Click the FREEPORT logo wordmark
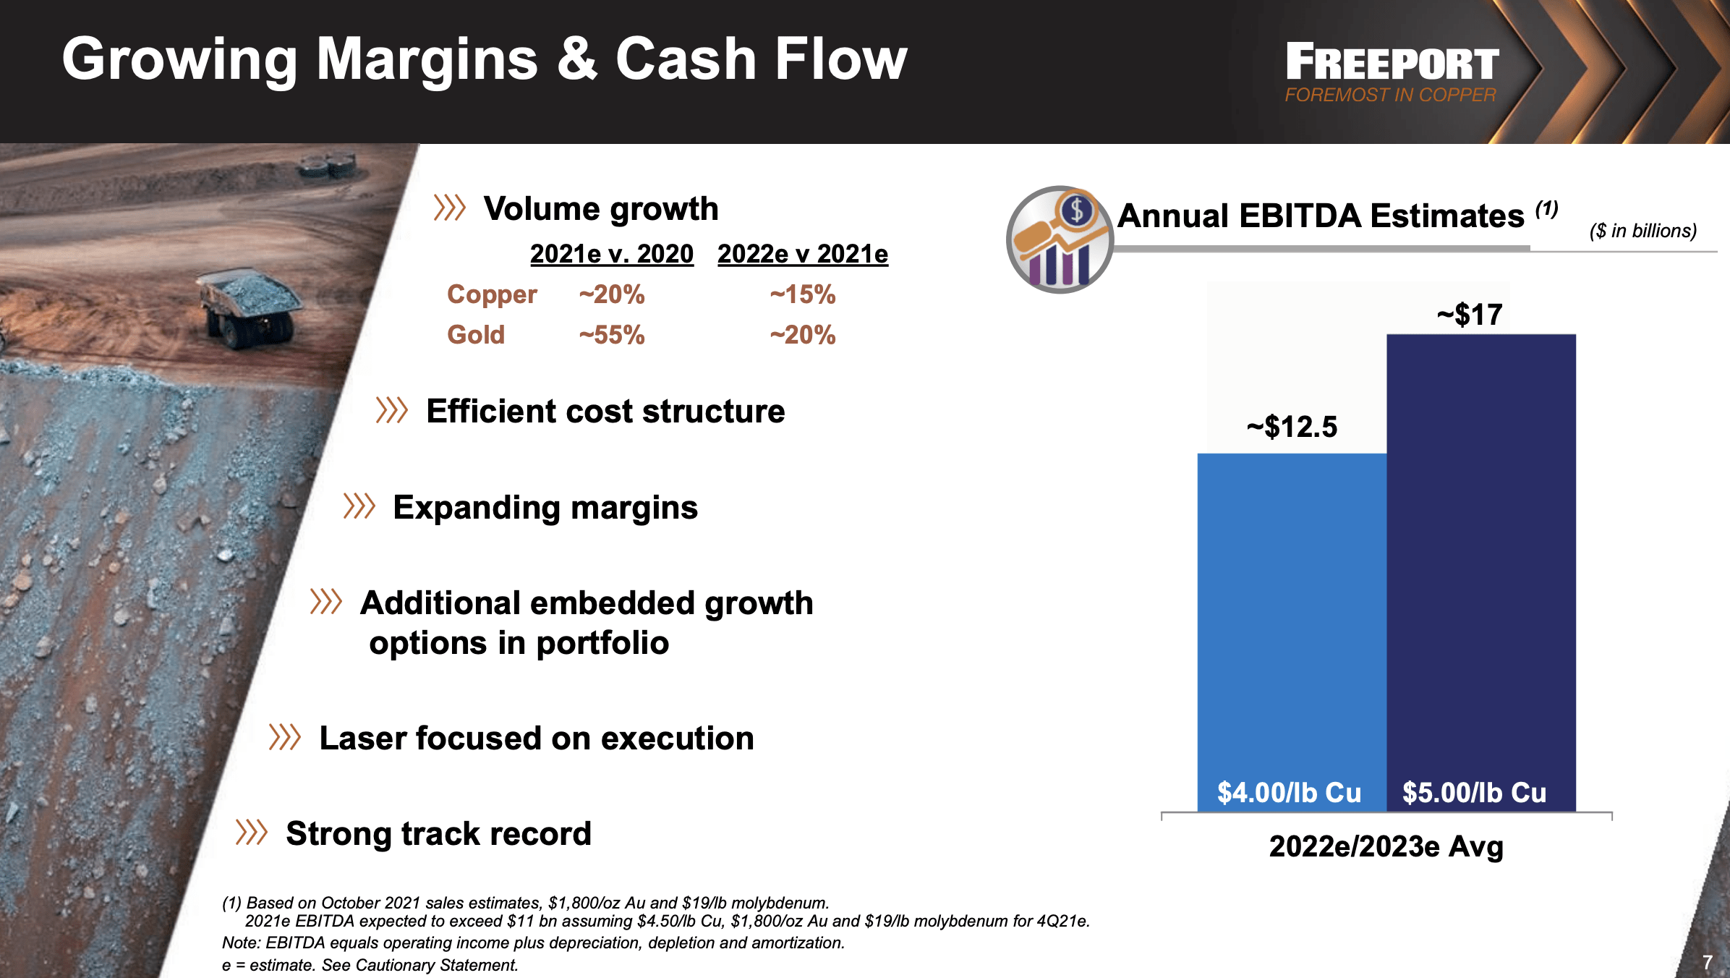(x=1392, y=62)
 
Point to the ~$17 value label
(x=1470, y=315)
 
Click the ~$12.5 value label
(x=1292, y=427)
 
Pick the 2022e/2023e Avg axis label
(x=1386, y=846)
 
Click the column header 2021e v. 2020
(x=611, y=254)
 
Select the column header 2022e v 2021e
(x=802, y=254)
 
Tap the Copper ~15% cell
(x=802, y=294)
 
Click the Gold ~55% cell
(x=611, y=335)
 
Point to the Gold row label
(x=475, y=335)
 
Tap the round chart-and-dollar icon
(x=1060, y=239)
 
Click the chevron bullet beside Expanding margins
(x=359, y=506)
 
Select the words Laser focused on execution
(x=536, y=739)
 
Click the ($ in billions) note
(x=1642, y=231)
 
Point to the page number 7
(x=1707, y=962)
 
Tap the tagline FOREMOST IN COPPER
(x=1389, y=95)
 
